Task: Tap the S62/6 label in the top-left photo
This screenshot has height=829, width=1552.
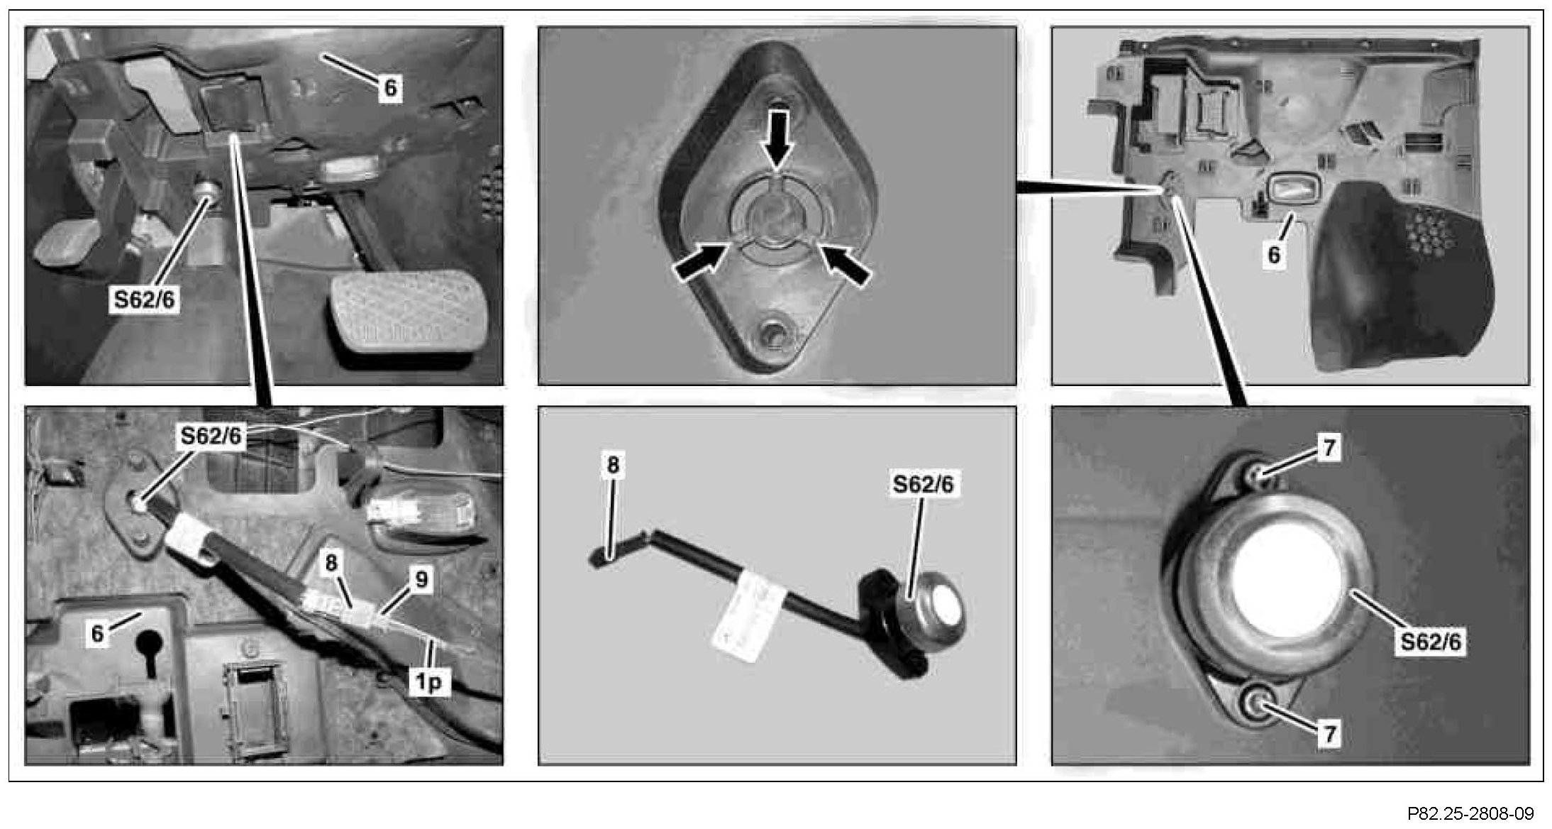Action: click(145, 300)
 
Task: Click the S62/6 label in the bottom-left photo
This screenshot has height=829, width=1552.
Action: click(211, 435)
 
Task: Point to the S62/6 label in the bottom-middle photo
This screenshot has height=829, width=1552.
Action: click(923, 484)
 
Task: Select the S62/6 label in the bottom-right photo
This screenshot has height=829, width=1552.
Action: click(1431, 641)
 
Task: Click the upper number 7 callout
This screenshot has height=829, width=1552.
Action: click(1329, 448)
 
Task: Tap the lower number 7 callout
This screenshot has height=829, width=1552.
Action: click(1329, 733)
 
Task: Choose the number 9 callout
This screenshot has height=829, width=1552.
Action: click(421, 580)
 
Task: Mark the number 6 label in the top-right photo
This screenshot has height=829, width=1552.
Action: click(1274, 255)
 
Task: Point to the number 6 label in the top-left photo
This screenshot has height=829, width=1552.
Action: click(390, 88)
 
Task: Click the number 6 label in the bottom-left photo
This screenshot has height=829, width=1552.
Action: click(97, 633)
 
